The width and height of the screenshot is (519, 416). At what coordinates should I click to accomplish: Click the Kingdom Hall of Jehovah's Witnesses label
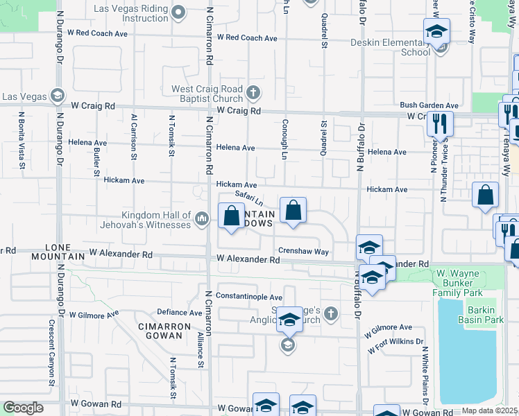pyautogui.click(x=146, y=220)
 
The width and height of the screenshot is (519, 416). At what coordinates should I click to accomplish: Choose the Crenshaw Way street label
pyautogui.click(x=303, y=252)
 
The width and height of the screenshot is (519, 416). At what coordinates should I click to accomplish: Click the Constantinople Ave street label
pyautogui.click(x=248, y=297)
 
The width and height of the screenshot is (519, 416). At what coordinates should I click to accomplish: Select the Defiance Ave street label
pyautogui.click(x=179, y=312)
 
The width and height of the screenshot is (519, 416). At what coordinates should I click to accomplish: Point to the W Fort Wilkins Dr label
pyautogui.click(x=395, y=345)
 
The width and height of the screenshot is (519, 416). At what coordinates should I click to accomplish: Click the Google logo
pyautogui.click(x=23, y=408)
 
